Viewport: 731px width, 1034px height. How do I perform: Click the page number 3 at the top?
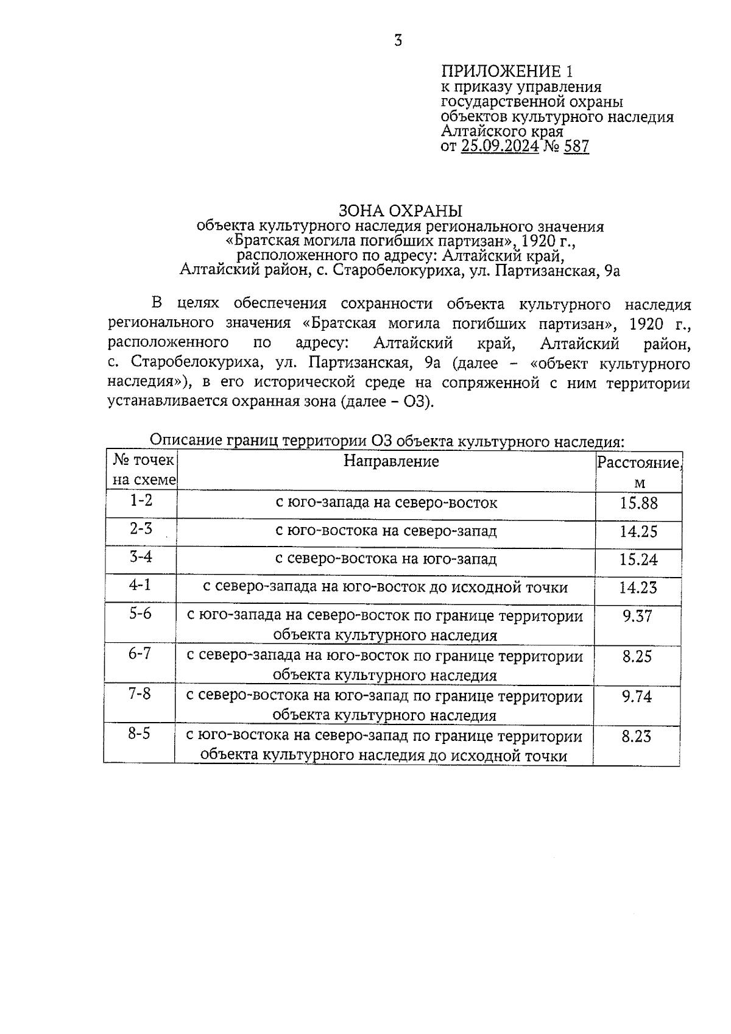click(x=398, y=41)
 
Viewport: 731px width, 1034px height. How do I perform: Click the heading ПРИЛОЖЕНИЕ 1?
click(x=507, y=71)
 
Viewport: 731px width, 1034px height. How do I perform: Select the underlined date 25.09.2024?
click(x=500, y=146)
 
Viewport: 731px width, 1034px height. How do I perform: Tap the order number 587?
click(x=576, y=146)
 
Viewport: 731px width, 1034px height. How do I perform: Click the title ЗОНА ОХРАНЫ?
click(x=400, y=211)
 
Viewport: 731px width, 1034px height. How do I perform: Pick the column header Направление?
click(x=391, y=461)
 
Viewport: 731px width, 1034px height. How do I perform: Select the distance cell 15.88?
click(x=638, y=503)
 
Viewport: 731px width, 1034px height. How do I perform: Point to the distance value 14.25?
click(x=638, y=531)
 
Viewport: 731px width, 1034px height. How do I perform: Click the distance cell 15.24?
click(x=638, y=559)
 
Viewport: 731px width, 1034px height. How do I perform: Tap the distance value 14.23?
click(x=638, y=587)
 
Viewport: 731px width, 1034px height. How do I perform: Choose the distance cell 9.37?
click(x=637, y=616)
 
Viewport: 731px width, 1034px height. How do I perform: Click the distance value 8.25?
click(x=637, y=656)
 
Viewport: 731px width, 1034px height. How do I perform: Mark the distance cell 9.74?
click(x=637, y=696)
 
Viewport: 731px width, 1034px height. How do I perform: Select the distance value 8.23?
click(x=636, y=737)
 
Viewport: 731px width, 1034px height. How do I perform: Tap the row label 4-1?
click(x=139, y=585)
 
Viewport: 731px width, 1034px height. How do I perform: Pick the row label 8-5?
click(x=139, y=734)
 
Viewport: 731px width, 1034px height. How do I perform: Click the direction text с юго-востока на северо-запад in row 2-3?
click(x=386, y=531)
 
